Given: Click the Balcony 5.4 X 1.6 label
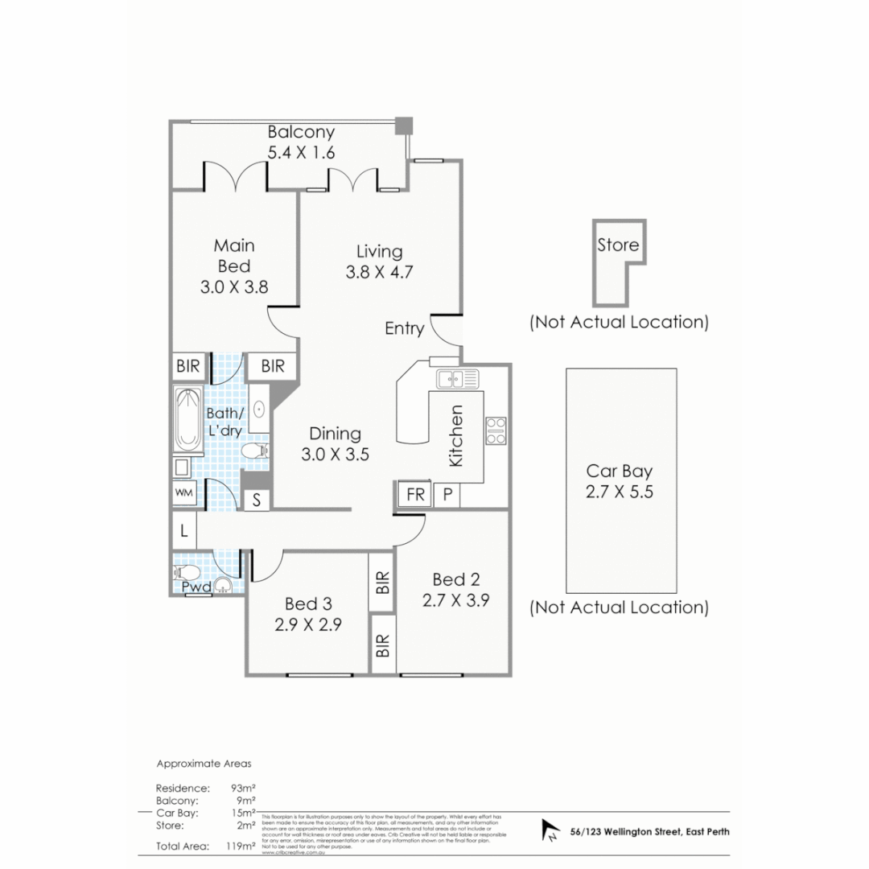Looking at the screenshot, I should [301, 142].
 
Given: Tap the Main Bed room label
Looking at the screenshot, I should [233, 266].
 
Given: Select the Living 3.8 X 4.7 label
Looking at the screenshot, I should [379, 262].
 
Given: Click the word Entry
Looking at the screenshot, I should [404, 328].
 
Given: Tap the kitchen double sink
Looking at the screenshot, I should [457, 378].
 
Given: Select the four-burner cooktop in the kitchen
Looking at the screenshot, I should [496, 430].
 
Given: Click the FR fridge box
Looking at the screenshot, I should [415, 495].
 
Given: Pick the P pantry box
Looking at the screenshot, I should [447, 495].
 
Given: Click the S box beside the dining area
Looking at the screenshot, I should [257, 499].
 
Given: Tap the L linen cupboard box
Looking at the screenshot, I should [183, 531].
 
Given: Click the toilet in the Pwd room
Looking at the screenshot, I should [187, 572].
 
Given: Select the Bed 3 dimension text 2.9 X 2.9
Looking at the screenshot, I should [310, 624].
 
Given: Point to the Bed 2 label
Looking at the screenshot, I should [455, 579].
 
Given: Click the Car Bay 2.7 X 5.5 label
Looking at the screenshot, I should [620, 481].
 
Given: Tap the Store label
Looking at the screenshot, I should [618, 245].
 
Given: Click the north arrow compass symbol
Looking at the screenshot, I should [551, 830].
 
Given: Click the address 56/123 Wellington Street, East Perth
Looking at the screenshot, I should [649, 831].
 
